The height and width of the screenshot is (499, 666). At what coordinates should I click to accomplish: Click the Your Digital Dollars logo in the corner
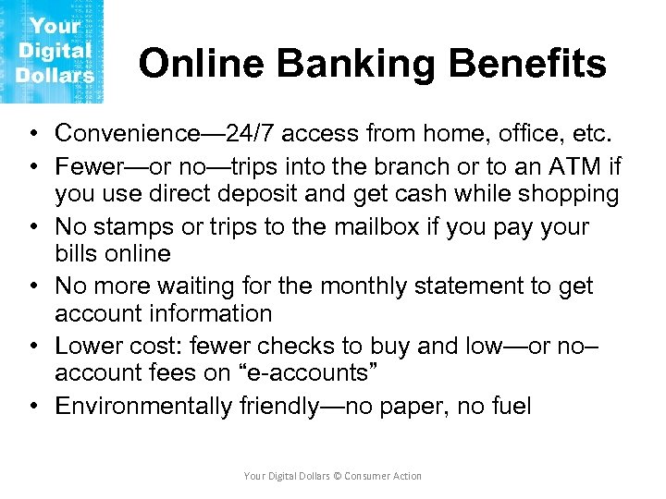tap(52, 51)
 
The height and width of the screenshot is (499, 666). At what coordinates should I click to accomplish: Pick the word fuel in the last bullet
tap(511, 406)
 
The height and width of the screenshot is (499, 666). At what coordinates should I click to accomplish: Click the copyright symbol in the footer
tap(338, 476)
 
